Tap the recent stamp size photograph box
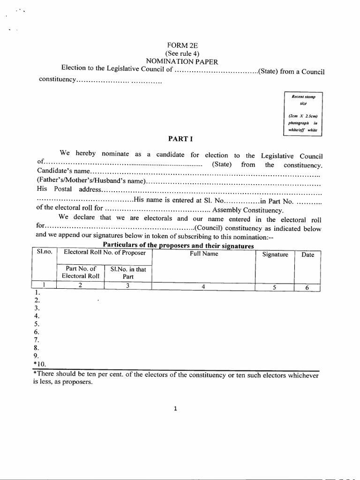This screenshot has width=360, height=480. [303, 113]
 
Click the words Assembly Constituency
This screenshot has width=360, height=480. [248, 210]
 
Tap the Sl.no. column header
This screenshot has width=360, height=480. [44, 253]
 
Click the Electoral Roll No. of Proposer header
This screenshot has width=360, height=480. [105, 254]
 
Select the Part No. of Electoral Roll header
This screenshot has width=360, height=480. [81, 272]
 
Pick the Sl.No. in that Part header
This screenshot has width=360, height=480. [128, 272]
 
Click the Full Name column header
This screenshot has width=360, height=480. [204, 254]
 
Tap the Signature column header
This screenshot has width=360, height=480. [275, 255]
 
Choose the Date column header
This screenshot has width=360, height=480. [307, 255]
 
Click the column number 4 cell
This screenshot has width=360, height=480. [203, 287]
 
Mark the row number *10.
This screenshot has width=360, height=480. [40, 364]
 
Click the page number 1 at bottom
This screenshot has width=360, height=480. [175, 408]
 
